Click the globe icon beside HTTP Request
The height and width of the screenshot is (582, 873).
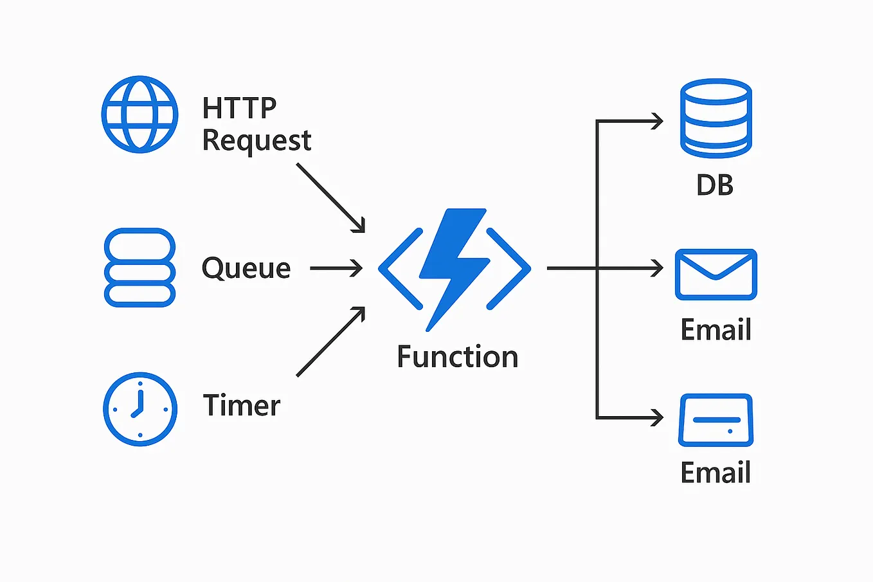click(x=139, y=114)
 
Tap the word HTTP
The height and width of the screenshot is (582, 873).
click(x=239, y=108)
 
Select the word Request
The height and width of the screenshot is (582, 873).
click(x=256, y=141)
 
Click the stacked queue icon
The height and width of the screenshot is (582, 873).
click(x=139, y=268)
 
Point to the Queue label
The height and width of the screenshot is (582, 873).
click(x=246, y=268)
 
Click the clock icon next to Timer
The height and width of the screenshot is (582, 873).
click(x=139, y=409)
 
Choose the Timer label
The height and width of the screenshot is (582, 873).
click(x=242, y=406)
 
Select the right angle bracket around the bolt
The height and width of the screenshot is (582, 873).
click(x=509, y=268)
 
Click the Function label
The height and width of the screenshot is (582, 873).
click(x=457, y=357)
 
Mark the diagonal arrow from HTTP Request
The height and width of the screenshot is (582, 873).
click(x=330, y=197)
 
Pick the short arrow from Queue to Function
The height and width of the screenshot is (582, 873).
click(x=336, y=268)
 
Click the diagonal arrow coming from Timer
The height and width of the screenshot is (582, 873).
click(x=330, y=341)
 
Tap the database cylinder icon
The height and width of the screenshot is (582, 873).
click(x=715, y=118)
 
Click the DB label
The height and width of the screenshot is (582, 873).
click(x=715, y=185)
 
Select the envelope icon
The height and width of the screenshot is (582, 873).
click(x=715, y=275)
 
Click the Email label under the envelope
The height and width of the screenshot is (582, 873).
click(x=715, y=330)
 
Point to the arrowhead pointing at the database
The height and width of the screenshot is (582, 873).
click(x=657, y=121)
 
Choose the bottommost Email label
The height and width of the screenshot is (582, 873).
click(x=715, y=473)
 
